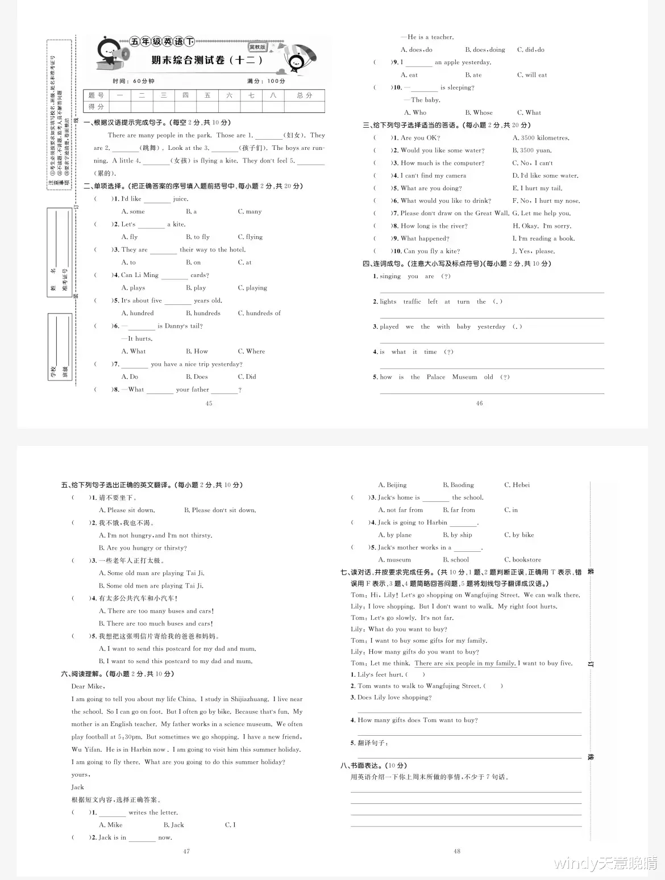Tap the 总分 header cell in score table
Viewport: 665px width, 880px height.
click(304, 95)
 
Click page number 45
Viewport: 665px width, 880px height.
click(209, 403)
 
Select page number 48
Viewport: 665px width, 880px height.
click(457, 851)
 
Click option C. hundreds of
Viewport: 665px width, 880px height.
click(259, 313)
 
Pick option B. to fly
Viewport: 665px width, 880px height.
click(198, 237)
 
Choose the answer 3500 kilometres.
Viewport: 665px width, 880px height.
click(541, 138)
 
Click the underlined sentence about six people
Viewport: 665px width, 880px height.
click(465, 663)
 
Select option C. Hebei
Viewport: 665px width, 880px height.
click(517, 485)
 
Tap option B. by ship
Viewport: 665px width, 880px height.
click(458, 535)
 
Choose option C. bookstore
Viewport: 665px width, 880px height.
click(522, 560)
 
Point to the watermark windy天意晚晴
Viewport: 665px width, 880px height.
click(605, 864)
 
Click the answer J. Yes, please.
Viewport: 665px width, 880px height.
click(534, 251)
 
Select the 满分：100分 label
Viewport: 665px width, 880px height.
click(267, 81)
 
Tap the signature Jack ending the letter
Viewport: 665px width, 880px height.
click(78, 787)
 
